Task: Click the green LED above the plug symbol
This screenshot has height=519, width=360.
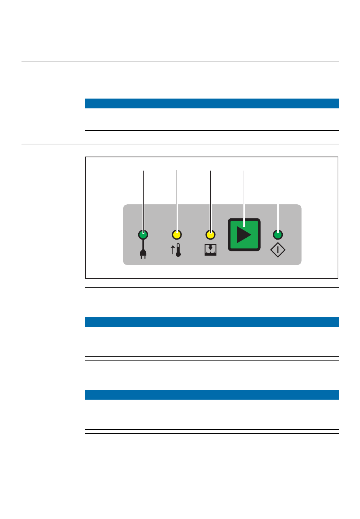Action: point(143,235)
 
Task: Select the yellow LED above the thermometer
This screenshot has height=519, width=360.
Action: point(177,235)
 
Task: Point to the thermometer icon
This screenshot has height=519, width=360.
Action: point(178,250)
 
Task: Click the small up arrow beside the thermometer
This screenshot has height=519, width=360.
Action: point(173,249)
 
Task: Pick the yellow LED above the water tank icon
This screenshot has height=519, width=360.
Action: point(210,235)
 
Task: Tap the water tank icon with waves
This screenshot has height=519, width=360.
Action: point(210,250)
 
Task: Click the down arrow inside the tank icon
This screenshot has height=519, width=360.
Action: point(211,248)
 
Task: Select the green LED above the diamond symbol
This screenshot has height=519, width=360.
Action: point(278,235)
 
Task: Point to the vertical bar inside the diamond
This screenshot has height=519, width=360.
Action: point(278,250)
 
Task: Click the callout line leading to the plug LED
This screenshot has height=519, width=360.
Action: point(143,197)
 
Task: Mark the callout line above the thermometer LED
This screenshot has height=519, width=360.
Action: point(177,197)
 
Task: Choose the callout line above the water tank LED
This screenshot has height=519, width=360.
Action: point(211,197)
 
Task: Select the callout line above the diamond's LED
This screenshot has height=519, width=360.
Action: point(278,197)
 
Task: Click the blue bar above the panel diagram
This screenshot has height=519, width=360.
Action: point(212,103)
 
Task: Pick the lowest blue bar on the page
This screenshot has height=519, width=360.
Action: point(212,395)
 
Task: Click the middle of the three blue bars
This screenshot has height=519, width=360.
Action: point(212,322)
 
